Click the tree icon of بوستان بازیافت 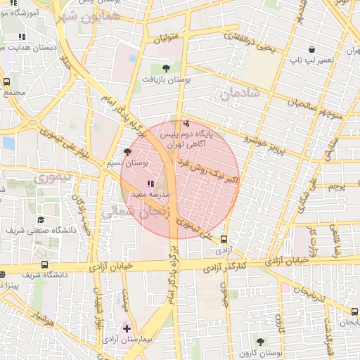(x=166, y=68)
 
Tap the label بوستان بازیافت (x=166, y=80)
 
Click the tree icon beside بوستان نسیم (x=127, y=151)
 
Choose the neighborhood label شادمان (x=240, y=93)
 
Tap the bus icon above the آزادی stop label (x=224, y=239)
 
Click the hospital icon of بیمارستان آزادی (x=127, y=328)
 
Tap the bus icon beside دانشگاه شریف (x=45, y=265)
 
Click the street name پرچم (x=338, y=186)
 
